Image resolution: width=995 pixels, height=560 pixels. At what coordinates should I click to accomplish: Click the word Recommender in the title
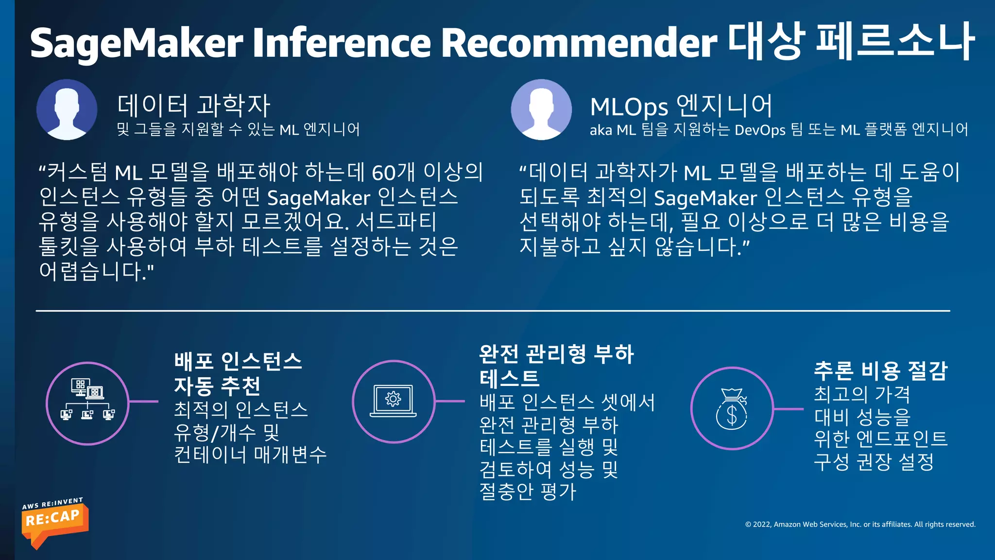(x=579, y=43)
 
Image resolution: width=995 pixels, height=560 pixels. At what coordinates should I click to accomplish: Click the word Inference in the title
(x=342, y=43)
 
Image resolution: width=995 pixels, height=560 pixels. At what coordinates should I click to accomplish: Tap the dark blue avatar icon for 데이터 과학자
(x=67, y=110)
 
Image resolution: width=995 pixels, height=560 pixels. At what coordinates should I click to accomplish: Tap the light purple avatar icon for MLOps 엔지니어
(x=541, y=110)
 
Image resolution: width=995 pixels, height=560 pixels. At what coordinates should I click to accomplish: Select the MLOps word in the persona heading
(x=629, y=107)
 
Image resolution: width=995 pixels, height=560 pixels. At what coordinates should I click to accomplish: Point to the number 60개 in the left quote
(x=393, y=172)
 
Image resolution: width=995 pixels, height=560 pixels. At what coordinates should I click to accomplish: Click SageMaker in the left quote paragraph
(x=319, y=198)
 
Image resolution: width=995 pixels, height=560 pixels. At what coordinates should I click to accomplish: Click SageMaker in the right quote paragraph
(x=705, y=198)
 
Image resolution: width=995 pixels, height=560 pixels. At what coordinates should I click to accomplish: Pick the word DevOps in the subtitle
(x=760, y=130)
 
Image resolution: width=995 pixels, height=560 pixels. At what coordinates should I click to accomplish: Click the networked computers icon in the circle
(x=87, y=403)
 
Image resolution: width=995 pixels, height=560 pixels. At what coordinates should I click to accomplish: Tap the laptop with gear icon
(x=394, y=402)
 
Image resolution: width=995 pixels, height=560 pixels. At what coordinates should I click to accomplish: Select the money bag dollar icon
(x=732, y=409)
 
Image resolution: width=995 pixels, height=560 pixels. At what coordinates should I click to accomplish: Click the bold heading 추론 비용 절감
(x=881, y=371)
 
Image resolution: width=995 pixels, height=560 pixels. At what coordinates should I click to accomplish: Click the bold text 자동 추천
(x=218, y=386)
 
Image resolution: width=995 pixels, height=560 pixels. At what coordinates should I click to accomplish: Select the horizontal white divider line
(x=493, y=311)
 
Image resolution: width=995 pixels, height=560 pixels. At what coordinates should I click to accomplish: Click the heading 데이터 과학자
(x=193, y=105)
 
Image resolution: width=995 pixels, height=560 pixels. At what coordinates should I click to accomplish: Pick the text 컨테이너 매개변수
(x=250, y=455)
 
